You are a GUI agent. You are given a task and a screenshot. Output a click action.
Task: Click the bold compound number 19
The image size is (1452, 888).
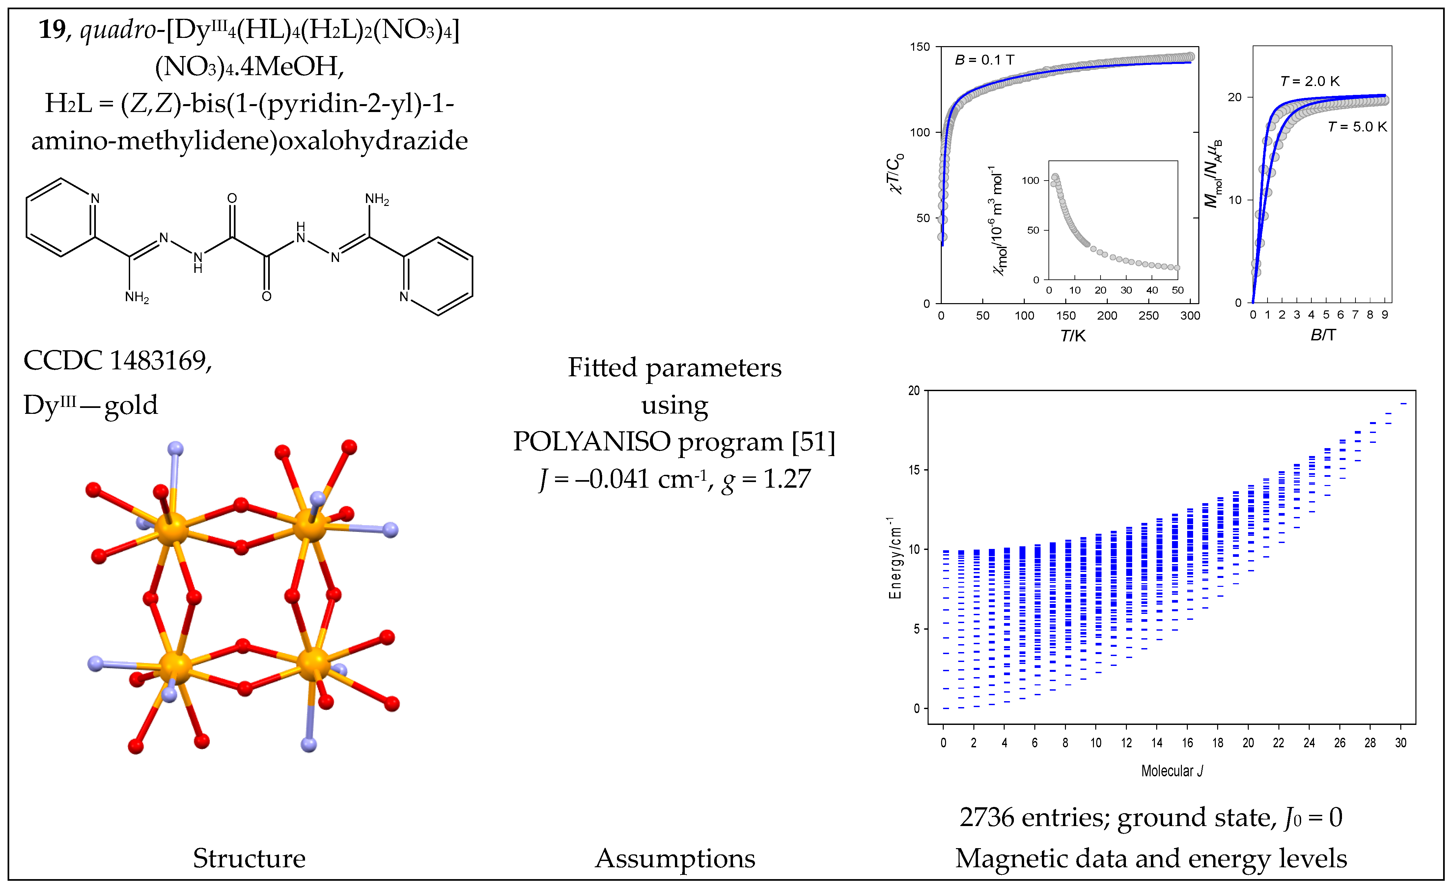[52, 29]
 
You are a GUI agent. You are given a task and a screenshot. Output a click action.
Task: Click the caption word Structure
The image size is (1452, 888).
[249, 859]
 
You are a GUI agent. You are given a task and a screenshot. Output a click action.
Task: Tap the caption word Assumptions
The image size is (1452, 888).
[675, 859]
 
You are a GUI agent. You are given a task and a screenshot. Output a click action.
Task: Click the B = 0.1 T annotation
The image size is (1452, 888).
[985, 60]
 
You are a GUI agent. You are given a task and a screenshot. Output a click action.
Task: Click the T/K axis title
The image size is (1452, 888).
[1073, 335]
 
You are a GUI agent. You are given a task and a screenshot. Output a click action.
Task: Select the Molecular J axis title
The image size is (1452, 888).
[1171, 771]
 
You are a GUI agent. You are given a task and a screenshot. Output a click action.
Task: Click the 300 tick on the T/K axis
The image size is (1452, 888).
[1190, 315]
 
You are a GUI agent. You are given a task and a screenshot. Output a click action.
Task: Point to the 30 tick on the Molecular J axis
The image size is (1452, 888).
[1401, 743]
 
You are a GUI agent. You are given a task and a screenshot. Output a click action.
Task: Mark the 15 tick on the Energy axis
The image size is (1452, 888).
[914, 470]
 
